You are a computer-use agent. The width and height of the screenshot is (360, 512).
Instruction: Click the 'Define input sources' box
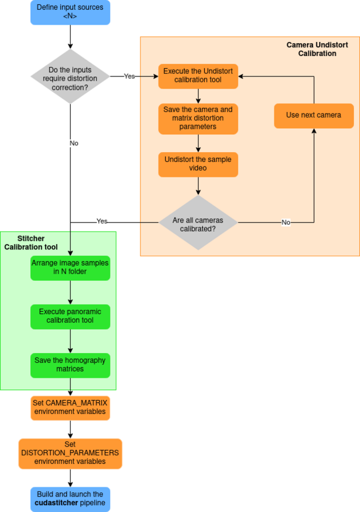click(70, 12)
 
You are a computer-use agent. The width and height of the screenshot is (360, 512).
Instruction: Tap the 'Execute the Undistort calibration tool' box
click(198, 76)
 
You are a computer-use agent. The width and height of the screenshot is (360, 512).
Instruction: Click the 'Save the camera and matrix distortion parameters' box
click(198, 118)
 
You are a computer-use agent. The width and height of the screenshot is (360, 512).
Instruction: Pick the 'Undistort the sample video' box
click(198, 165)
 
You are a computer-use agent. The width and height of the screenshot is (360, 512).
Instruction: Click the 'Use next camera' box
click(314, 115)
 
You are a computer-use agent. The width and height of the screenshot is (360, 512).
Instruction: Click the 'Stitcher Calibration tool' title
click(31, 243)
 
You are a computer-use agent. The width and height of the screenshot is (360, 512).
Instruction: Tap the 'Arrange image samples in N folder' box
click(70, 267)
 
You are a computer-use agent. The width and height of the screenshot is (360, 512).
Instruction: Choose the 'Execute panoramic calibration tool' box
click(70, 316)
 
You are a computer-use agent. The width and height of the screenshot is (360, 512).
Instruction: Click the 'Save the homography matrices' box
click(70, 365)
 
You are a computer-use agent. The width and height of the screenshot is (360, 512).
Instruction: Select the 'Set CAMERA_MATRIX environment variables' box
click(70, 407)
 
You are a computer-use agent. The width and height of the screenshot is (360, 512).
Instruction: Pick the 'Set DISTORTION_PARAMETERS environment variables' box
click(70, 453)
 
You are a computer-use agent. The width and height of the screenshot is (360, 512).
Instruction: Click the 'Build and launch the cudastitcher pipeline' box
click(70, 499)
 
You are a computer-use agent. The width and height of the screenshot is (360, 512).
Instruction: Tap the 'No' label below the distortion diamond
click(74, 143)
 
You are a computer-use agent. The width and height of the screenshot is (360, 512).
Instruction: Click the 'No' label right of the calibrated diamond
click(286, 222)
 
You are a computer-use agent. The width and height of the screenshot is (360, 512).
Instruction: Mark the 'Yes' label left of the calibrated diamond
click(102, 221)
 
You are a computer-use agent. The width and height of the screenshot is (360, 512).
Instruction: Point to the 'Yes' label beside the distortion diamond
click(129, 76)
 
